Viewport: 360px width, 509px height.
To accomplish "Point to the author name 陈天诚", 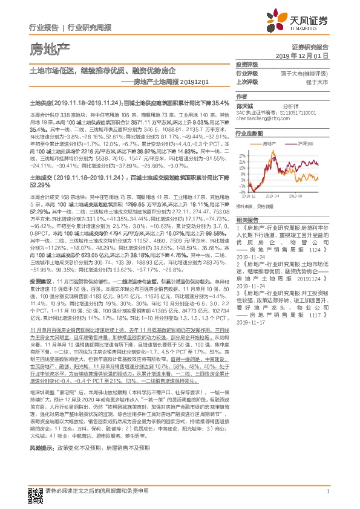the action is tap(243, 105).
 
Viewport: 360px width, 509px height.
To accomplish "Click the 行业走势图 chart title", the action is tap(249, 134).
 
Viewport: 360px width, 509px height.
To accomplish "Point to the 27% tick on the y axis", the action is tap(243, 155).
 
